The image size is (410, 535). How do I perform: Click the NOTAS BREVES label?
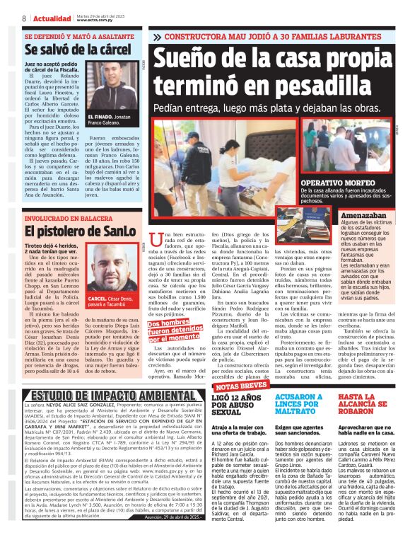pos(240,387)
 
